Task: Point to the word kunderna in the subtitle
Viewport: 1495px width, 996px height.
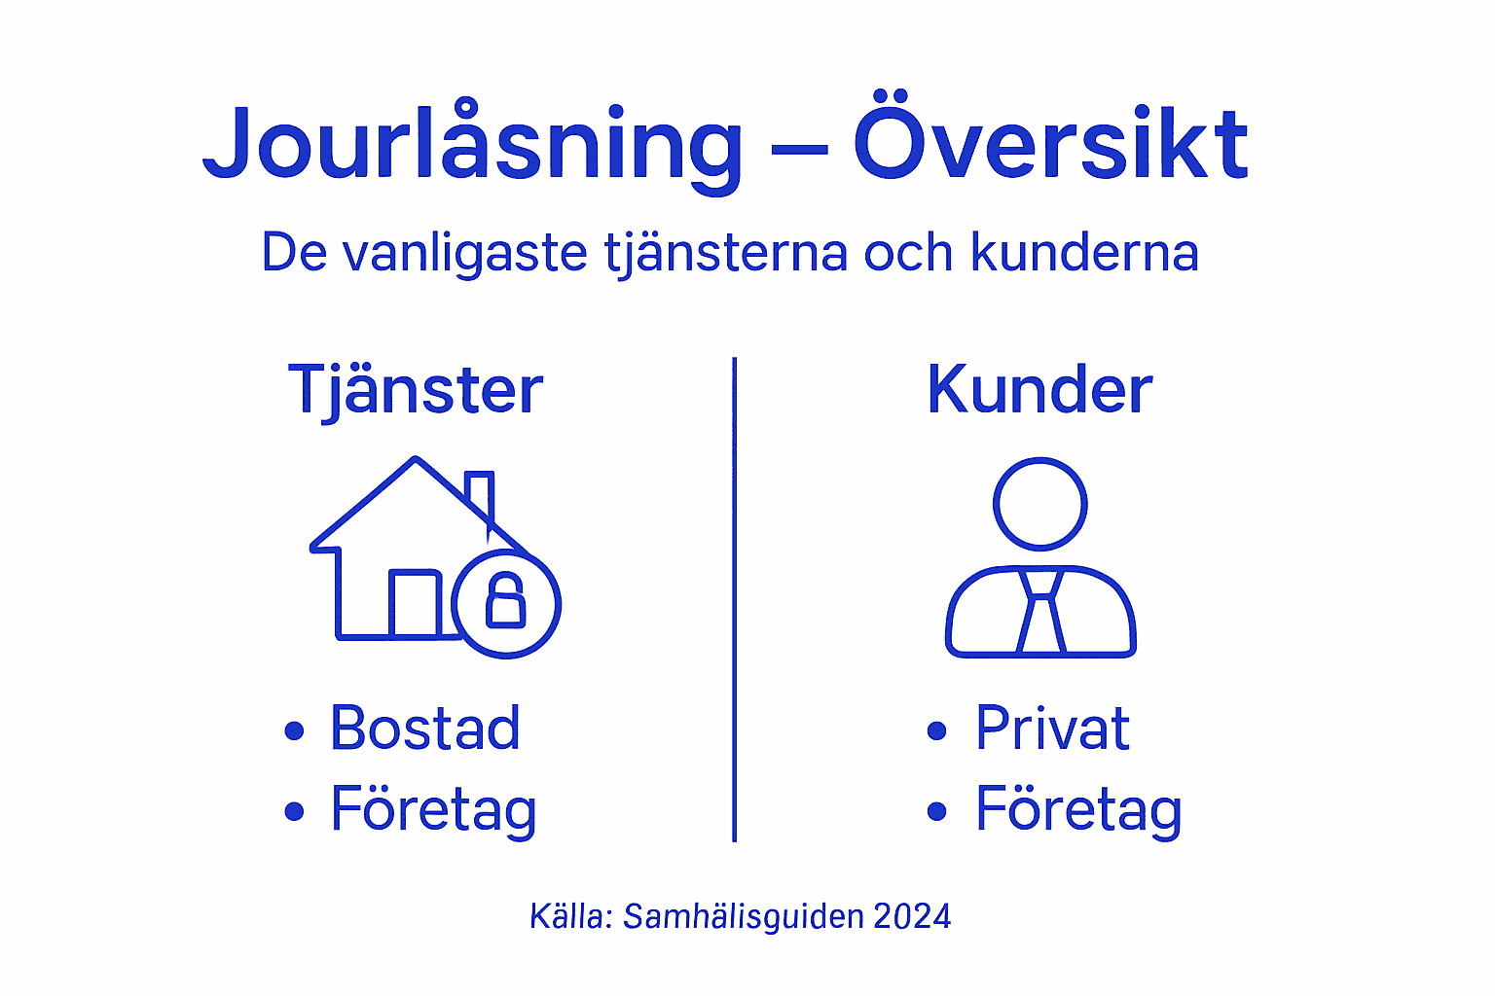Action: click(1084, 253)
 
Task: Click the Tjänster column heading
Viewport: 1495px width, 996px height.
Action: click(416, 391)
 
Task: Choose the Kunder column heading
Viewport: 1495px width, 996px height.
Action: click(1039, 391)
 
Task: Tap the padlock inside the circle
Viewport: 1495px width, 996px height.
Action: click(506, 601)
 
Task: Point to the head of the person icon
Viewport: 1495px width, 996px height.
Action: click(1039, 504)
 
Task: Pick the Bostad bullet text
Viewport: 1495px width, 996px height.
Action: click(425, 728)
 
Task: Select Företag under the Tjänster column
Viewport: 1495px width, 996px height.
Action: click(433, 809)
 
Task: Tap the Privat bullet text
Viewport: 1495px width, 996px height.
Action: click(1052, 728)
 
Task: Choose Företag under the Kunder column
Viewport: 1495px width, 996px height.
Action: click(1078, 809)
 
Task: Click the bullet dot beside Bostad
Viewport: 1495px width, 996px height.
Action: click(294, 730)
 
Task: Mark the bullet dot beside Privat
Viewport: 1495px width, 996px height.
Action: click(937, 730)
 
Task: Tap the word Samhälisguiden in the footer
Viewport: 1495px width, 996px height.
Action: click(744, 916)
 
